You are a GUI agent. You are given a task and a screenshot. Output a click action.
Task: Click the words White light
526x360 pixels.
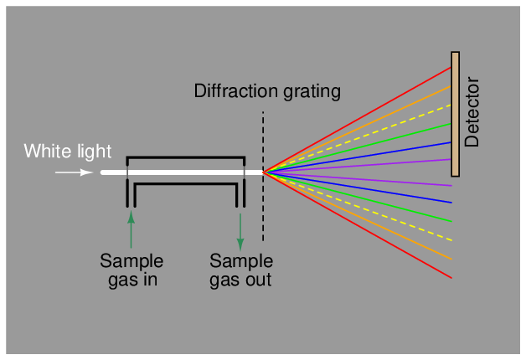coord(68,152)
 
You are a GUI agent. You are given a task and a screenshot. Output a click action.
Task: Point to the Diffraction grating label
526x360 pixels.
coord(267,90)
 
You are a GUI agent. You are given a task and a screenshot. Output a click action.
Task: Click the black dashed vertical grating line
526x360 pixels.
coord(264,209)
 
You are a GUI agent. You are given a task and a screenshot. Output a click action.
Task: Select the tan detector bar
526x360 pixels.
coord(455,114)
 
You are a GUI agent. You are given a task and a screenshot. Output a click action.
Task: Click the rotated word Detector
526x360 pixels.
coord(472,113)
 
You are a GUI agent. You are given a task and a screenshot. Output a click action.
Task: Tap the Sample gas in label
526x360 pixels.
coord(131,270)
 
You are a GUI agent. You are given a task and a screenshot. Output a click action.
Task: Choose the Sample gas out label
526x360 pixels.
coord(240,270)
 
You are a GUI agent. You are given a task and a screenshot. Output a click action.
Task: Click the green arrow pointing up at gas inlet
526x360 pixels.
coord(131,230)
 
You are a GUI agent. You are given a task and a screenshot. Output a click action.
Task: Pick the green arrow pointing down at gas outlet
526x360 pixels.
coord(240,231)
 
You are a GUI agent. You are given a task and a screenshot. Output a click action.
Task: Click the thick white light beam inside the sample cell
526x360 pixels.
coord(184,172)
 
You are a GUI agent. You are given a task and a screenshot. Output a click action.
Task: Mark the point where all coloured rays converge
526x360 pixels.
coord(265,172)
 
